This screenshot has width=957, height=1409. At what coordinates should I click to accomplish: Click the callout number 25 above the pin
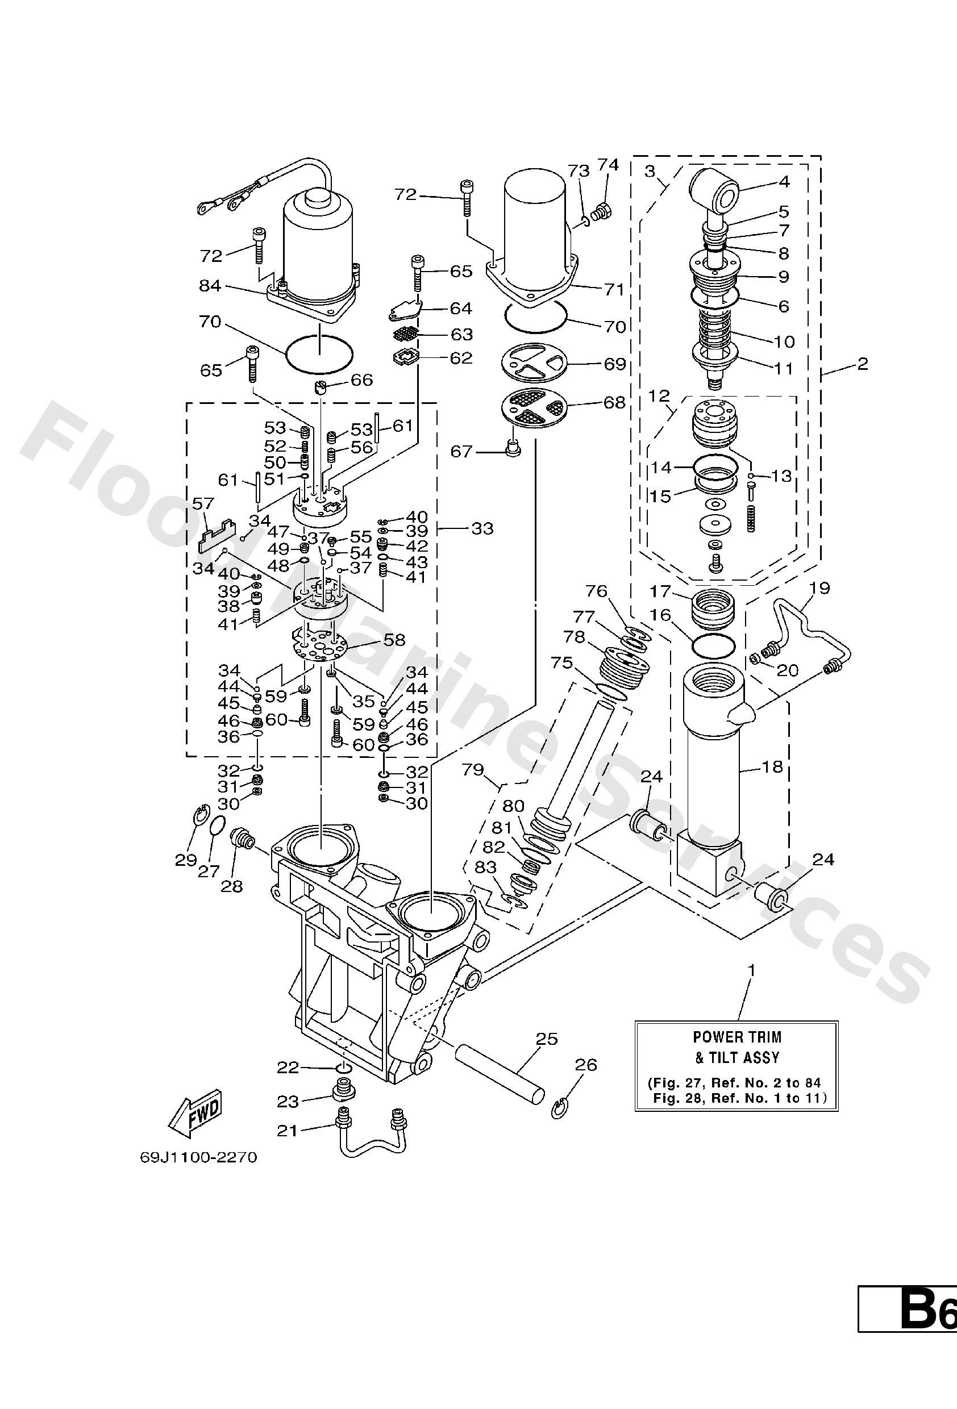click(547, 1039)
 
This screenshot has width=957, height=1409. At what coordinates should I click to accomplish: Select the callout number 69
click(615, 364)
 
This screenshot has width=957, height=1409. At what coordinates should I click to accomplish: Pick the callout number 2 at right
click(863, 364)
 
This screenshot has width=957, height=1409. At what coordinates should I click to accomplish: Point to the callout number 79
click(473, 769)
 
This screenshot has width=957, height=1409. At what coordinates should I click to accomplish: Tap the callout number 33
click(482, 529)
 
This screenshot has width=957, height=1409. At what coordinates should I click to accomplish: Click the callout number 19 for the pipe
click(819, 587)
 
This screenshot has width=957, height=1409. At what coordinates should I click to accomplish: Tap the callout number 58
click(394, 640)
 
